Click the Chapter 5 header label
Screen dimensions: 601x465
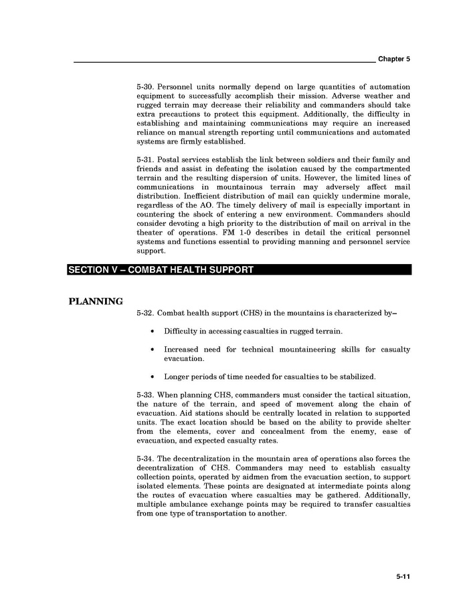point(393,59)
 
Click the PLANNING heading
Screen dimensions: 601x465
point(96,301)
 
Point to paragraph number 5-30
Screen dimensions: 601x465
point(145,88)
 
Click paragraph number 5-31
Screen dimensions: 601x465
point(145,160)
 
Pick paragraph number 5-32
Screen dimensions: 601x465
point(145,312)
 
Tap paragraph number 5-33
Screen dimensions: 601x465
point(145,395)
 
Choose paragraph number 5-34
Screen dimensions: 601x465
point(145,459)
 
